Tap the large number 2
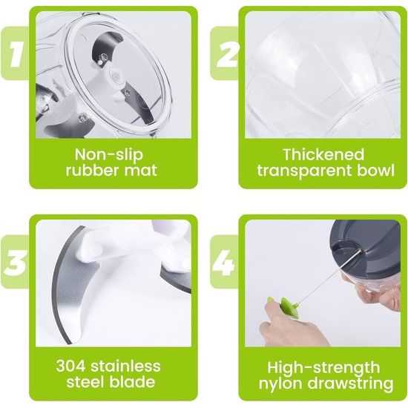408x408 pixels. [x=224, y=54]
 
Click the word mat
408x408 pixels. [x=141, y=172]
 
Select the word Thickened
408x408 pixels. [x=323, y=156]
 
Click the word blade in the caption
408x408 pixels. [x=132, y=384]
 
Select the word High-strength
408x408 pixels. [x=323, y=367]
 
